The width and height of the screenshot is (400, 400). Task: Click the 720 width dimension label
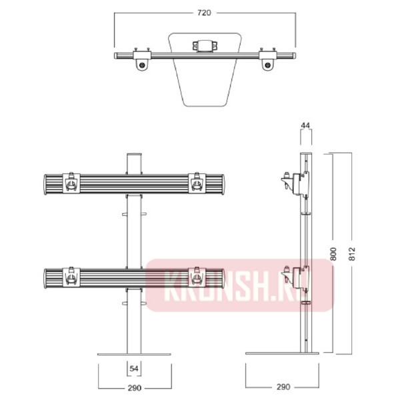204,13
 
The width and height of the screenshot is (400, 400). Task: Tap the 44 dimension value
305,125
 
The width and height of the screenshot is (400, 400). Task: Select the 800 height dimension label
333,254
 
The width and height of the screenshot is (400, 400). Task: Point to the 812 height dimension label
352,254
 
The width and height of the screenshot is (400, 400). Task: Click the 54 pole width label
134,369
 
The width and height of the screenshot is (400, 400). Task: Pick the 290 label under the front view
135,388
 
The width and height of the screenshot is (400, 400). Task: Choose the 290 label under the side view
283,387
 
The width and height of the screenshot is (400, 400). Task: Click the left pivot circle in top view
142,65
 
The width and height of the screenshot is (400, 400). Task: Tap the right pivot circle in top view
267,65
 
